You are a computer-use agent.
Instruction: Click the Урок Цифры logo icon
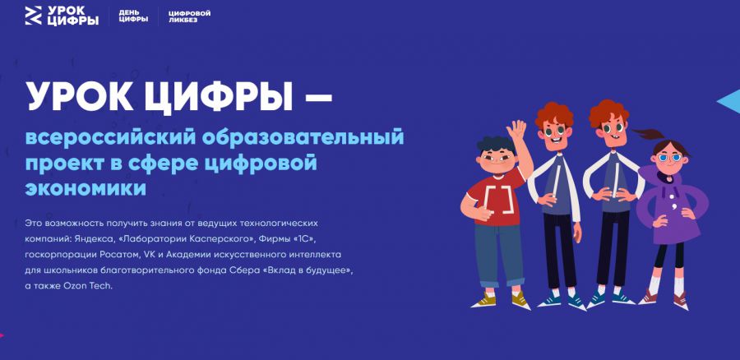pos(34,16)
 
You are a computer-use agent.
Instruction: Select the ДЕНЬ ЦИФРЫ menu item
pos(133,16)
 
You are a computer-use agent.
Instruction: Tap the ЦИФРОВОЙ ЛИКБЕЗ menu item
pos(190,16)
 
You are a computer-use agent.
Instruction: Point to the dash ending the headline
pos(316,97)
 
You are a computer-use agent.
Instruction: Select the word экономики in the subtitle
pos(86,188)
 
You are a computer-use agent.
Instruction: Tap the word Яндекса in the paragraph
pos(92,238)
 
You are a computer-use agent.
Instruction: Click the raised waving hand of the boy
pos(516,130)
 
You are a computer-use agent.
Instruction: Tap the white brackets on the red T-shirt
pos(498,200)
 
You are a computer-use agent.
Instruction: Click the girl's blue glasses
pos(670,158)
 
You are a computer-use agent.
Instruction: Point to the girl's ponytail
pos(649,133)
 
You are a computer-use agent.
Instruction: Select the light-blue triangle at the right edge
pos(728,101)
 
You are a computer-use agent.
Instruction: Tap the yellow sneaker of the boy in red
pos(483,300)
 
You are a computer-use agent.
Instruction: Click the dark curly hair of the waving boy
pos(496,143)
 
